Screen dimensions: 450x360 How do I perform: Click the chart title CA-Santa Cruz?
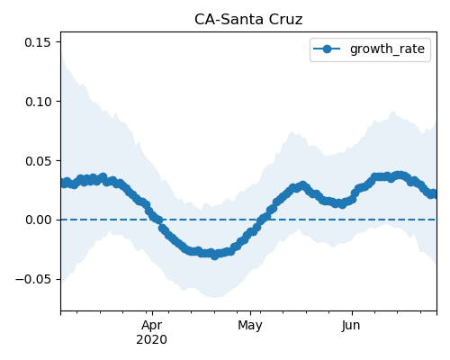248,20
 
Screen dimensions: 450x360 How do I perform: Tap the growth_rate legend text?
387,49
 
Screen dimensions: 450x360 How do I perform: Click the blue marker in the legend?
327,49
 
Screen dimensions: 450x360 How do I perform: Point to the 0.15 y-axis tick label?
38,42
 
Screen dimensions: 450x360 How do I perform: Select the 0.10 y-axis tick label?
38,102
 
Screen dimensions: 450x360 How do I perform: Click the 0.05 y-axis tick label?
38,161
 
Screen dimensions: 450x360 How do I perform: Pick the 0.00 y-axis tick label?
38,220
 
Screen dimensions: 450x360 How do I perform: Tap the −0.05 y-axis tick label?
33,279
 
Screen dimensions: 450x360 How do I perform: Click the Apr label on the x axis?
152,326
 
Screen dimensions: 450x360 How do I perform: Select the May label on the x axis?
250,326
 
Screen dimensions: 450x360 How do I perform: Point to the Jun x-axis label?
351,326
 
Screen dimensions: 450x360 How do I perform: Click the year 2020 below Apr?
151,340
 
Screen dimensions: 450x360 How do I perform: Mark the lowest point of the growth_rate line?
214,256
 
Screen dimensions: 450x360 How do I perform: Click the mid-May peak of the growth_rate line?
303,185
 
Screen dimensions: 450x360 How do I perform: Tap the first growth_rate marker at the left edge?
64,184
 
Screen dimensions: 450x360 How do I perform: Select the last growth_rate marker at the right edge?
434,194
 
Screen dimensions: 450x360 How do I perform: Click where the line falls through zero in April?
159,220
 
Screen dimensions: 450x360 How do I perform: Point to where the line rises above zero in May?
260,220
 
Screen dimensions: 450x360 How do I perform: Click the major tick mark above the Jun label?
352,312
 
